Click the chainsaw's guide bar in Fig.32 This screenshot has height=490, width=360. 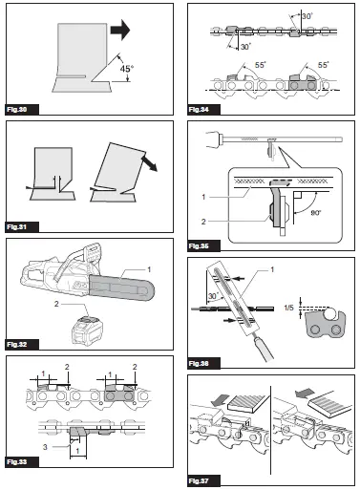point(116,287)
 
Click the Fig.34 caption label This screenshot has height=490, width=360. point(201,110)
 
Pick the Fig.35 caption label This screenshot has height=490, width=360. point(201,245)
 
